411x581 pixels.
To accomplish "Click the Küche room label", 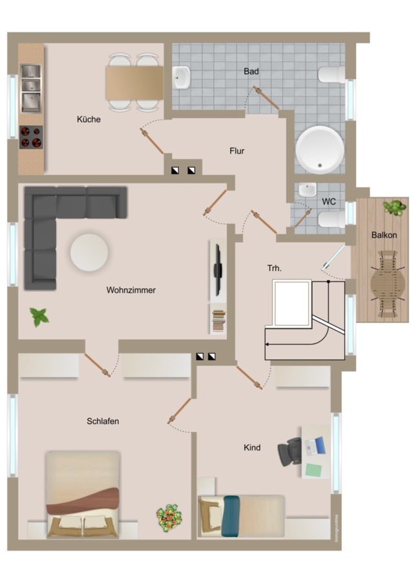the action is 89,119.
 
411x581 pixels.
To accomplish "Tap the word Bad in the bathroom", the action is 251,71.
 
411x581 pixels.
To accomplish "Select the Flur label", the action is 237,151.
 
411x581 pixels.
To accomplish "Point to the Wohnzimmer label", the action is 131,290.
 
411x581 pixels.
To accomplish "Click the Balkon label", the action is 384,235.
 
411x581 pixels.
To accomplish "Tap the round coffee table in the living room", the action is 89,252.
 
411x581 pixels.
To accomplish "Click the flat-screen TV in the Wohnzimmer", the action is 218,270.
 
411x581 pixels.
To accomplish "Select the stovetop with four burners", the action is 31,137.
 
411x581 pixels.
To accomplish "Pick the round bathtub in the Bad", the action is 320,150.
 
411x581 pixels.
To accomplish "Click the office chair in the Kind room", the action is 290,452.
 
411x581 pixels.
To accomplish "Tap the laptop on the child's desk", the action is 315,445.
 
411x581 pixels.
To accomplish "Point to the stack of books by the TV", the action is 218,321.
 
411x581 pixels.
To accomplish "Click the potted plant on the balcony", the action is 394,207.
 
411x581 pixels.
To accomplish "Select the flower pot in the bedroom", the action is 169,518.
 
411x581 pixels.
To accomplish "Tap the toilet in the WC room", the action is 332,219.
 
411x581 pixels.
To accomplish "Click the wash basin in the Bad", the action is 182,77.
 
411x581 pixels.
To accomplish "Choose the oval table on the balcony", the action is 388,284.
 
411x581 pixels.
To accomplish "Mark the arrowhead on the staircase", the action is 267,345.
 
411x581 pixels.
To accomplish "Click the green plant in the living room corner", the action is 39,317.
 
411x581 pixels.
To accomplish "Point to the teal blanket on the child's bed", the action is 231,516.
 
